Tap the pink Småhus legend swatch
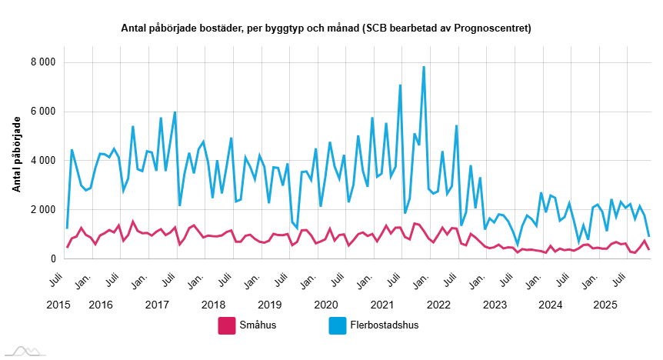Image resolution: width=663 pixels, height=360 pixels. [x=226, y=325]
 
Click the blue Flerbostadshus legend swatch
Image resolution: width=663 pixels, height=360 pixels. [x=336, y=325]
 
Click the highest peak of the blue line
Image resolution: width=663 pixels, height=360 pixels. [x=424, y=67]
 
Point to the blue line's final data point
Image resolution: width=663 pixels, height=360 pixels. [x=649, y=236]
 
